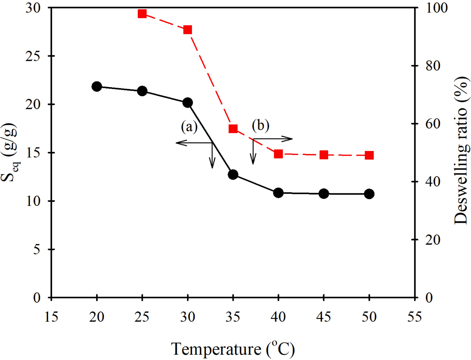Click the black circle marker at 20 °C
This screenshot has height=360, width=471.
coord(96,87)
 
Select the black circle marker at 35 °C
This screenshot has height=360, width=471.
coord(233,174)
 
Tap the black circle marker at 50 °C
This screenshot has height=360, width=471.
coord(369,194)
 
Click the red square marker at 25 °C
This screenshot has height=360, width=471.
coord(142,14)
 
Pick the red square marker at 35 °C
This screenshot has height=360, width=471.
coord(233,129)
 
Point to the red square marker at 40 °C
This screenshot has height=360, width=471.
coord(278,154)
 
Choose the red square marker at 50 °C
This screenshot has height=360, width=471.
coord(369,155)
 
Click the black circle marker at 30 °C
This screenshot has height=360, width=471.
coord(188,103)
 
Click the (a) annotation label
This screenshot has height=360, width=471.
coord(189,126)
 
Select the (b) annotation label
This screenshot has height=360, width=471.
coord(261,125)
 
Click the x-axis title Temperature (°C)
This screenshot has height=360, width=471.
coord(233,349)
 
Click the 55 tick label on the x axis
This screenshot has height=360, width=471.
coord(415,317)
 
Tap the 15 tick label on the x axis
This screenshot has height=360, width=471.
coord(51,317)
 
